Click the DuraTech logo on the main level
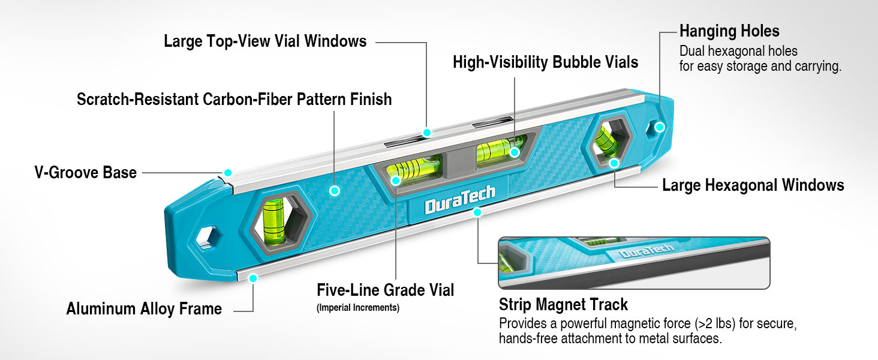[460, 200]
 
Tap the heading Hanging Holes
[729, 31]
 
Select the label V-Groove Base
[85, 173]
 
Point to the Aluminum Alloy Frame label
[144, 308]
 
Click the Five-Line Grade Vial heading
[385, 290]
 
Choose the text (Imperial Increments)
[358, 308]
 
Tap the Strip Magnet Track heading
[563, 304]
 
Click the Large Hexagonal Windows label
[753, 185]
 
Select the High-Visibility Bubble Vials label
[545, 62]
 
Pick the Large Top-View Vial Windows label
[265, 41]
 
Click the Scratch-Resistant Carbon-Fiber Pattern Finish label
[234, 99]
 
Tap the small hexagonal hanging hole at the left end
[208, 238]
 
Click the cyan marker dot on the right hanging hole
[660, 127]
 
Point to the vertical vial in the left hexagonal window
[275, 221]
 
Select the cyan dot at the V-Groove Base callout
[227, 173]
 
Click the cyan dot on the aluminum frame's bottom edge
[253, 278]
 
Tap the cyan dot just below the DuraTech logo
[477, 212]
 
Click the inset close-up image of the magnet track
[634, 263]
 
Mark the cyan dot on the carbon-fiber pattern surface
[334, 191]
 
